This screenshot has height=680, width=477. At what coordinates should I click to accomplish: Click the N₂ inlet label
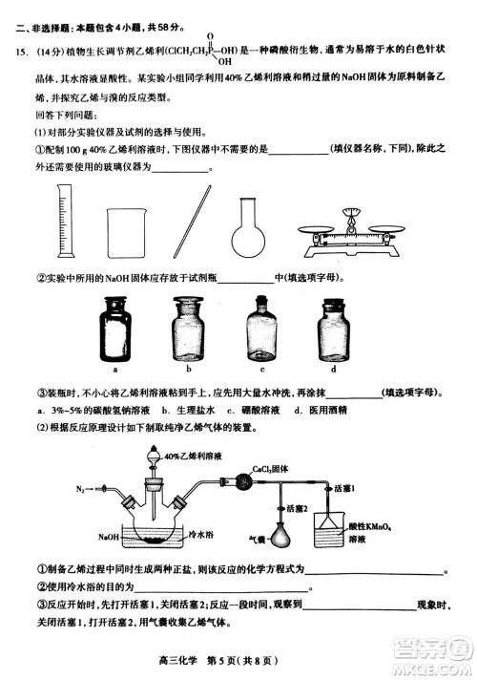pos(82,489)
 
